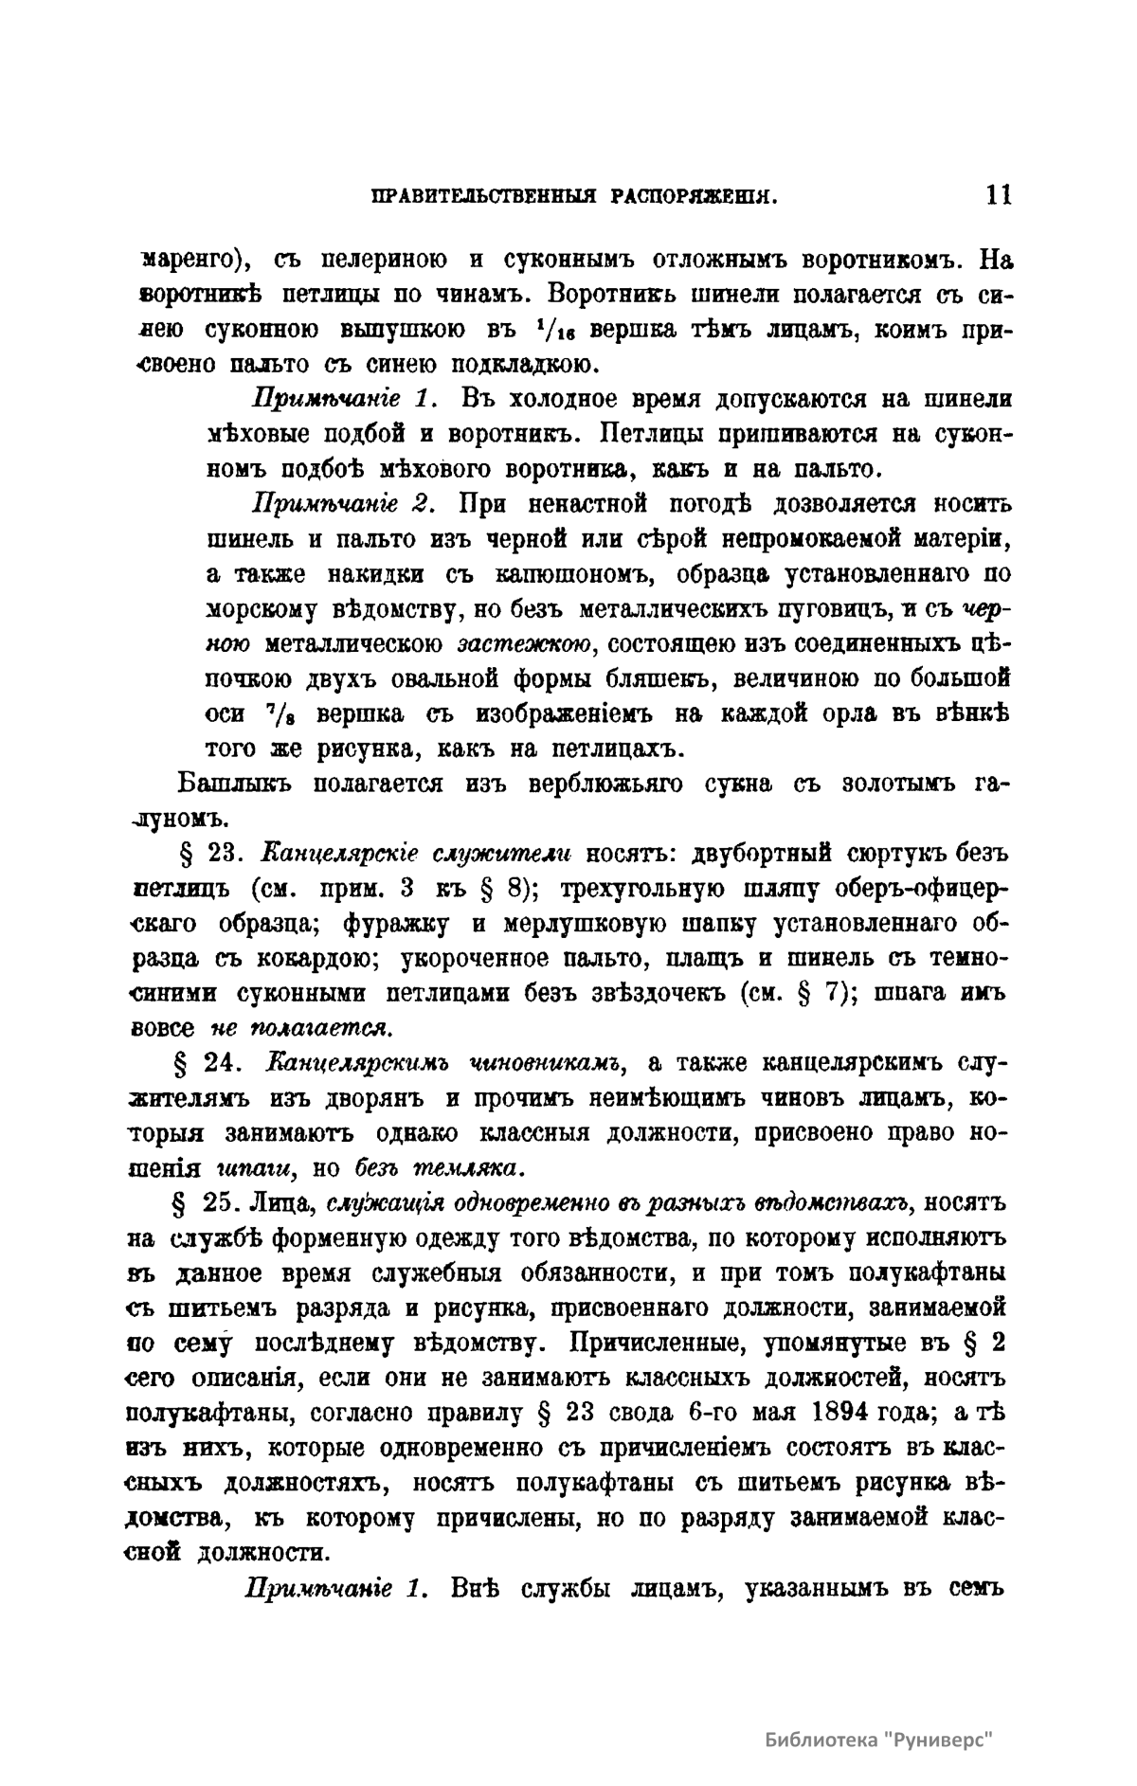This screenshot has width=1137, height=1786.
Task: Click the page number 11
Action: [999, 195]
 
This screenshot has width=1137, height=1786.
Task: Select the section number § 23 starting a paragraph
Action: [206, 854]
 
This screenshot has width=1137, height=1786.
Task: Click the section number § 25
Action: [206, 1204]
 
